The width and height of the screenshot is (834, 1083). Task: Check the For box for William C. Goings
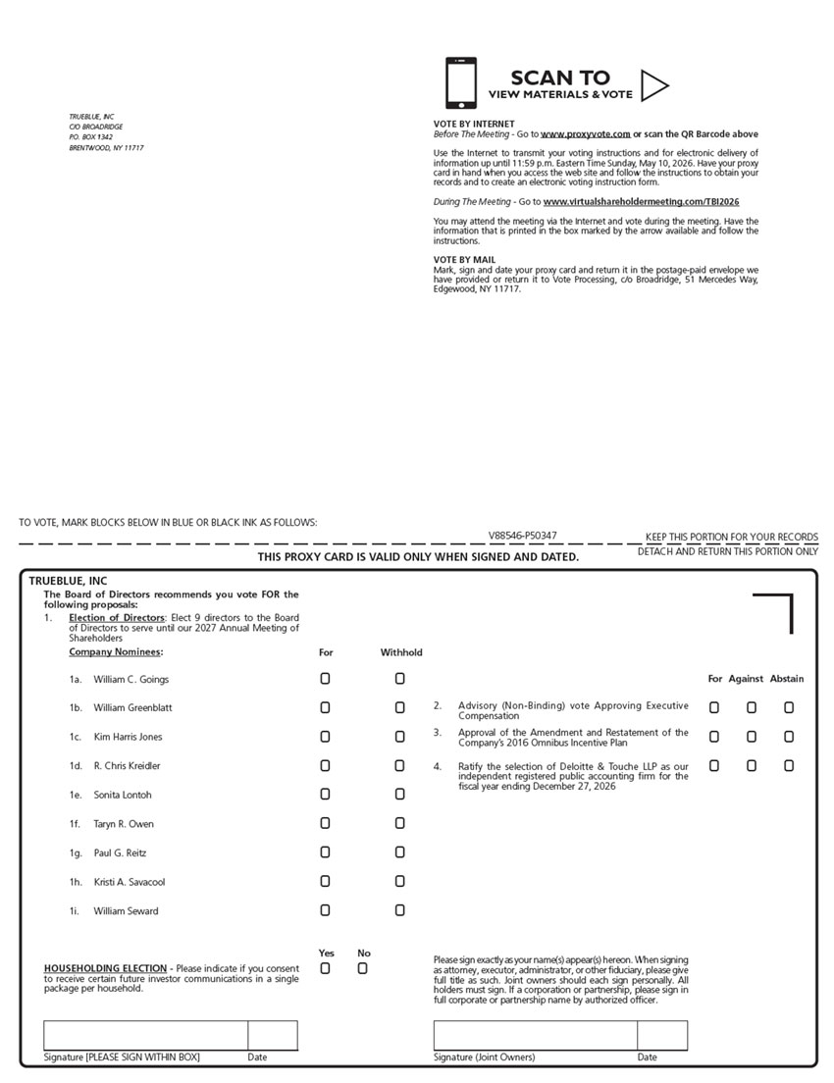pos(325,679)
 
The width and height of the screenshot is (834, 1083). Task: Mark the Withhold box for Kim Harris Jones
pos(399,737)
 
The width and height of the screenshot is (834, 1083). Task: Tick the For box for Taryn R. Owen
pos(325,824)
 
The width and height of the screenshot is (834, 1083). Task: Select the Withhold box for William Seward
pos(399,911)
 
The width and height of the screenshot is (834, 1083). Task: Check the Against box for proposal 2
pos(752,707)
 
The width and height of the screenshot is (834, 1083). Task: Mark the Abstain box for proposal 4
pos(789,766)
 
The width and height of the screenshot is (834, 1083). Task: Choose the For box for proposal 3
pos(714,737)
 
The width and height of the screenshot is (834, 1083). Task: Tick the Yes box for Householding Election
pos(325,969)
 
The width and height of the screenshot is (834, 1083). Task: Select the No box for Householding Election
pos(362,969)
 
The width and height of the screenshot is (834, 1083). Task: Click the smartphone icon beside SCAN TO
pos(461,83)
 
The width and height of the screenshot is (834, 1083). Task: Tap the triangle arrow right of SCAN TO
pos(653,85)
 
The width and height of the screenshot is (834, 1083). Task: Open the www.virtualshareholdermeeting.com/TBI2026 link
pos(641,202)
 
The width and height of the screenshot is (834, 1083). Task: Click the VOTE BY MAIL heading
pos(464,260)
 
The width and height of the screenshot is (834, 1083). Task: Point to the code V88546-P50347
pos(523,536)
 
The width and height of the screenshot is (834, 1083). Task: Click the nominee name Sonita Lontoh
pos(123,795)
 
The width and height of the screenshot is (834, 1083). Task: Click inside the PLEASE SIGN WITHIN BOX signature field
pos(145,1036)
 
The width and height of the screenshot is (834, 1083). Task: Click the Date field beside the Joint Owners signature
pos(662,1036)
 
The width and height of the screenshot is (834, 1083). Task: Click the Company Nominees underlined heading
pos(115,652)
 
